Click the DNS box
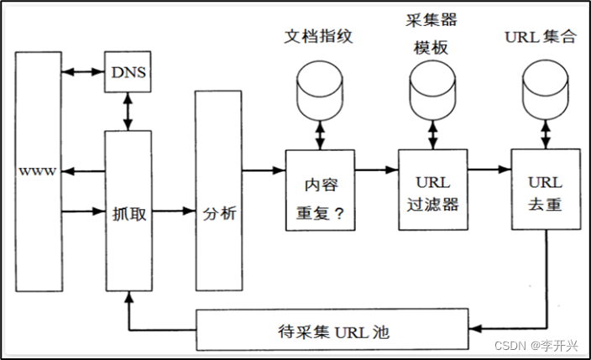(128, 72)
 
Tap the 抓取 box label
(128, 213)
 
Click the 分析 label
(219, 213)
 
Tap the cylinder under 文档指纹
(320, 90)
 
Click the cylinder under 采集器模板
(431, 90)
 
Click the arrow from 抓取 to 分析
(174, 211)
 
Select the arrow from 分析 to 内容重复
(264, 171)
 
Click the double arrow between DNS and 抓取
(128, 110)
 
